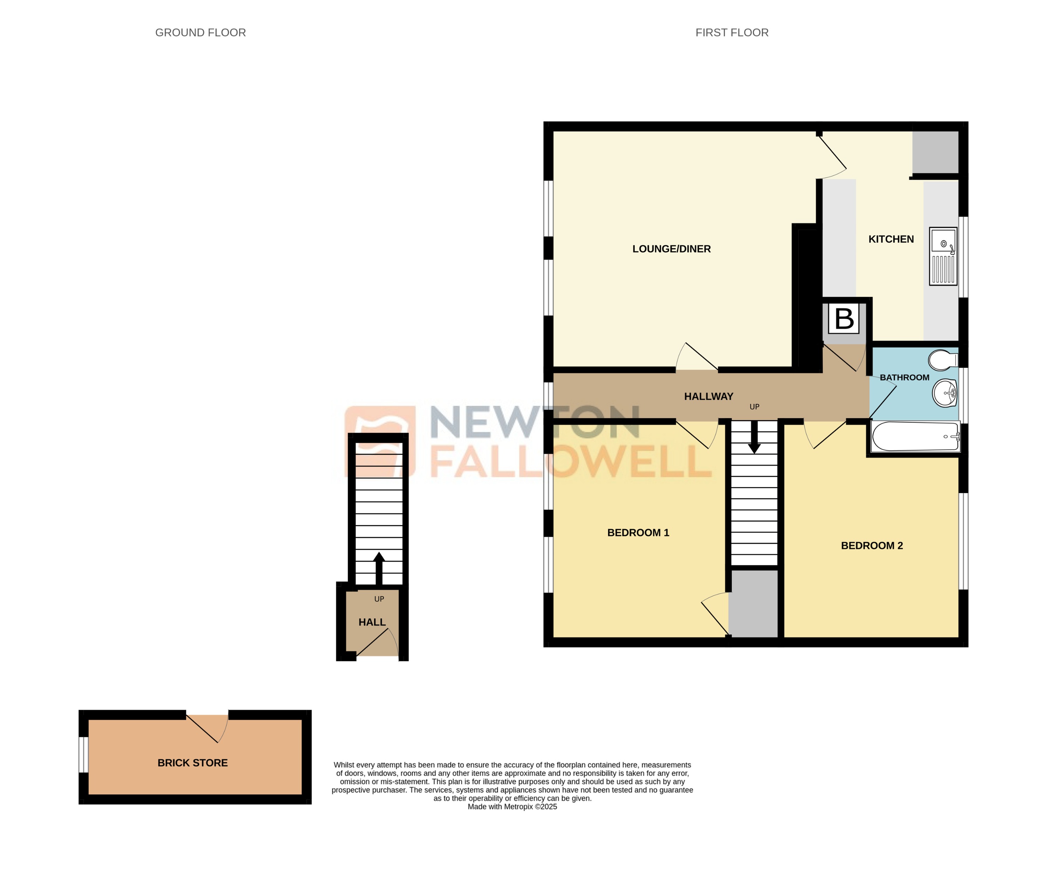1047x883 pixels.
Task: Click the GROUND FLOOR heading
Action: (200, 33)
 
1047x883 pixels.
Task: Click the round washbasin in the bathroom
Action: (944, 393)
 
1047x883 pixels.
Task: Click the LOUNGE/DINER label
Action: (671, 249)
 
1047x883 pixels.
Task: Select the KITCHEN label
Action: (890, 239)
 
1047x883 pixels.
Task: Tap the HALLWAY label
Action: (708, 396)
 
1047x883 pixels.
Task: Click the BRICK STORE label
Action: (192, 763)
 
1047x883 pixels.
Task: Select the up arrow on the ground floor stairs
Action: (379, 568)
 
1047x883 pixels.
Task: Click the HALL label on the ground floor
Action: (372, 622)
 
